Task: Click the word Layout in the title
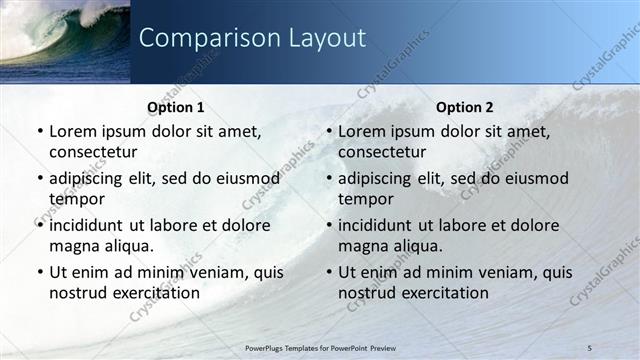pyautogui.click(x=322, y=38)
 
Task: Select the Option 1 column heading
pyautogui.click(x=176, y=107)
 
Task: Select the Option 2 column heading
pyautogui.click(x=465, y=107)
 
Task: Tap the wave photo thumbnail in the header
pyautogui.click(x=65, y=40)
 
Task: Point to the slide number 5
pyautogui.click(x=591, y=347)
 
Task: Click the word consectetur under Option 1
pyautogui.click(x=93, y=152)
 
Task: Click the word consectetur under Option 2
pyautogui.click(x=382, y=152)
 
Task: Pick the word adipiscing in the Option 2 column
pyautogui.click(x=381, y=179)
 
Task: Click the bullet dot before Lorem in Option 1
pyautogui.click(x=39, y=132)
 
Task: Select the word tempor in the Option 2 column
pyautogui.click(x=365, y=199)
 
